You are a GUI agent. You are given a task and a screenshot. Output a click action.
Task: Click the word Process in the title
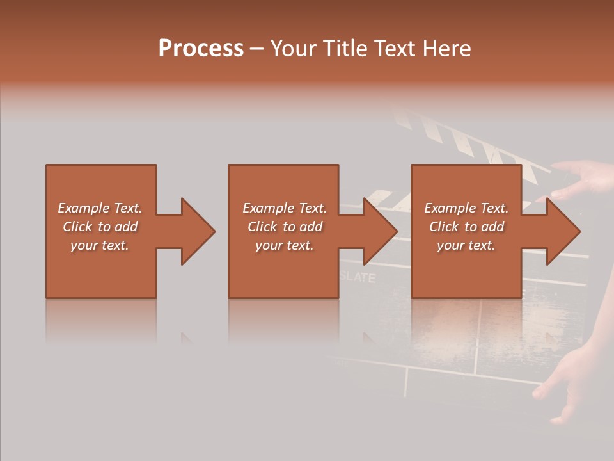[201, 49]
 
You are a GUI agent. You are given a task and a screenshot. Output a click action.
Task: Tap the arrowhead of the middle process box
[380, 231]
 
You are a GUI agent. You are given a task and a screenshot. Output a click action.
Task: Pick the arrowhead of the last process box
[563, 231]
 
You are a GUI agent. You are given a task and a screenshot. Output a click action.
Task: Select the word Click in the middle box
[262, 227]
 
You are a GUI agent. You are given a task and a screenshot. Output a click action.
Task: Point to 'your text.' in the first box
[100, 245]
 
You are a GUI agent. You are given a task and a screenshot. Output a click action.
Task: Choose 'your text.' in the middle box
[284, 245]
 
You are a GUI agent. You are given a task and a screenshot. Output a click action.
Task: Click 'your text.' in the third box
[466, 245]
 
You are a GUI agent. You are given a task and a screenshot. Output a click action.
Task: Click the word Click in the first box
[77, 227]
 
